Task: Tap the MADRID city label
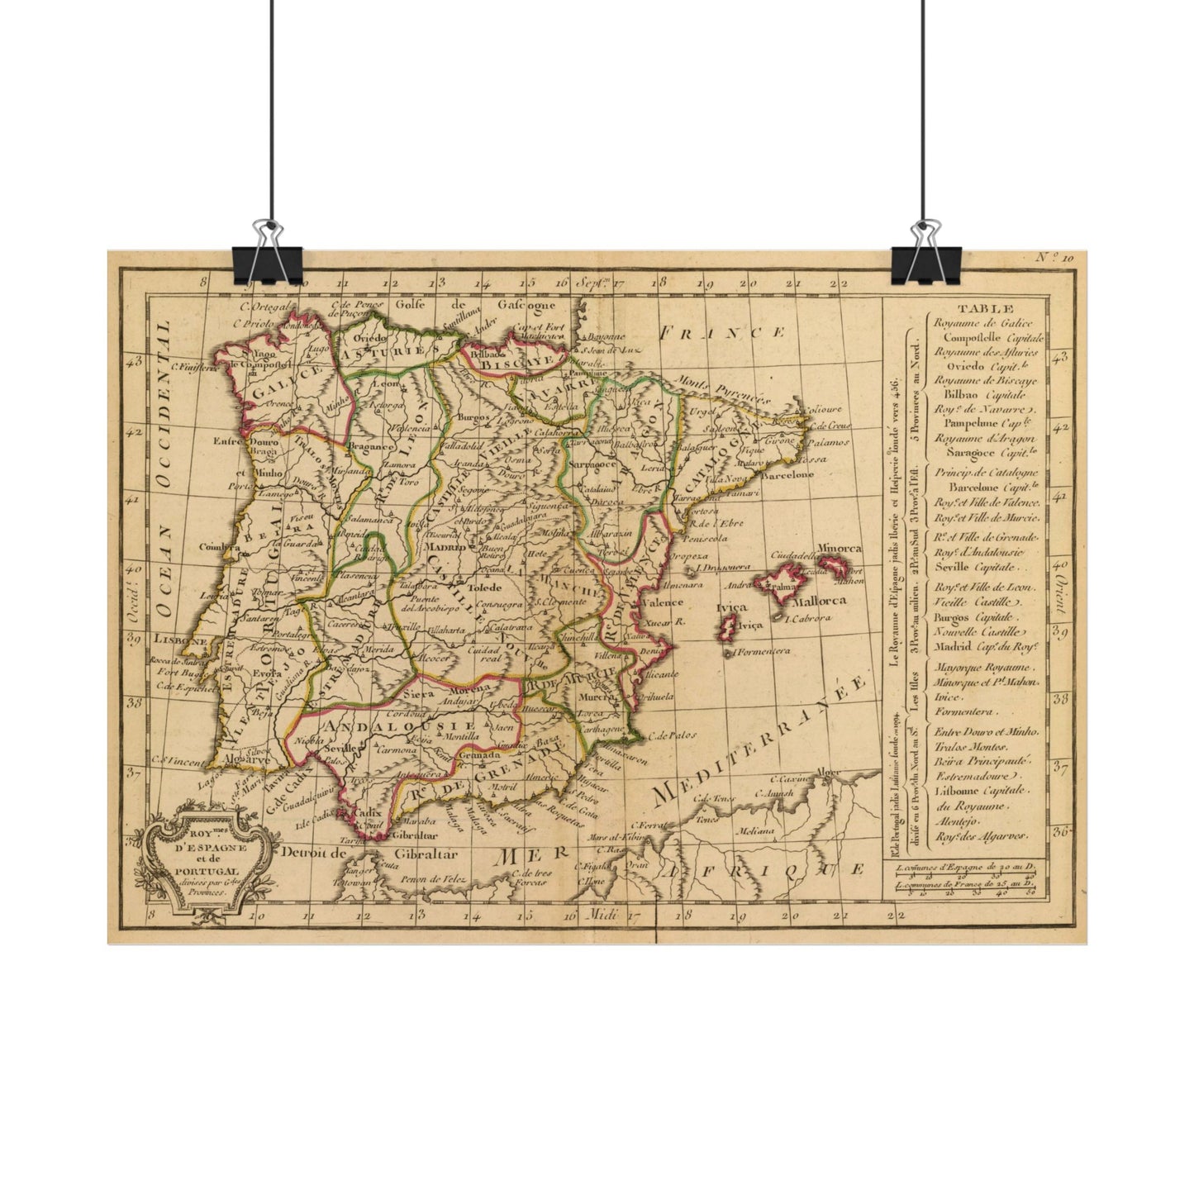click(x=445, y=546)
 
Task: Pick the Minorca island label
click(x=839, y=549)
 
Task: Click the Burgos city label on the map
click(x=479, y=418)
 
